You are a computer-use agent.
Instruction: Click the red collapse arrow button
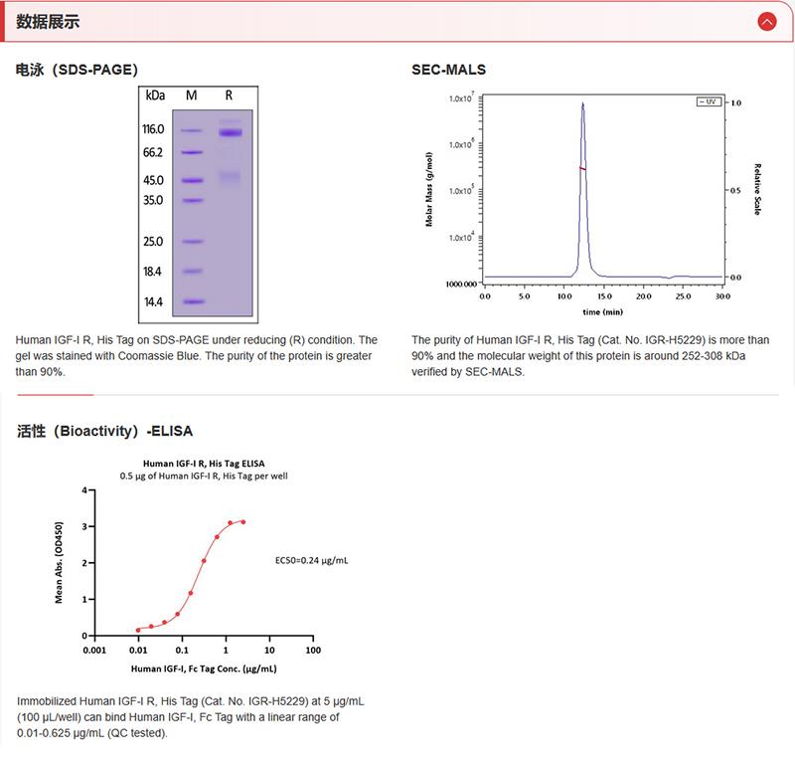pos(766,21)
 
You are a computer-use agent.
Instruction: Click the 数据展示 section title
pos(49,22)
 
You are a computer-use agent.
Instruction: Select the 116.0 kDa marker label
pos(152,129)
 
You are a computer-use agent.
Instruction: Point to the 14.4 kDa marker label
pos(152,301)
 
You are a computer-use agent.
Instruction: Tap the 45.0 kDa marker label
pos(152,180)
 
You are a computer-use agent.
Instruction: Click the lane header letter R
pos(230,95)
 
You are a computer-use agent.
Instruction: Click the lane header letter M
pos(192,95)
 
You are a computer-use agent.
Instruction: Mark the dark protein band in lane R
pos(231,132)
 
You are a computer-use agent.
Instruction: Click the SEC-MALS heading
pos(448,70)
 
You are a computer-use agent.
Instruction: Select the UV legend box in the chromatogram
pos(708,101)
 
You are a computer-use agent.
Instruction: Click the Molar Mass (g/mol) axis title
pos(429,189)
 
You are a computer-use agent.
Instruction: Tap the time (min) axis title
pos(603,310)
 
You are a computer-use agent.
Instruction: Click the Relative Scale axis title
pos(757,189)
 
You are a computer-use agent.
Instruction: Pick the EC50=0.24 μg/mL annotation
pos(311,560)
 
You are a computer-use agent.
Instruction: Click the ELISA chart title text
pos(204,463)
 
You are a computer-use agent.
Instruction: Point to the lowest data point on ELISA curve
pos(138,630)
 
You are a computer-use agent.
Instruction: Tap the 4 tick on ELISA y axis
pos(86,490)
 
